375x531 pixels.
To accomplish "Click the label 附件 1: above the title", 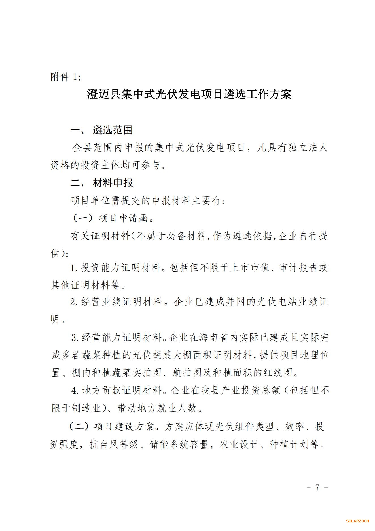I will [x=65, y=77].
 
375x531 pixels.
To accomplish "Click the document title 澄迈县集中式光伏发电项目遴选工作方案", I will [x=189, y=94].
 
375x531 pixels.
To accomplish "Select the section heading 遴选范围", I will [x=113, y=130].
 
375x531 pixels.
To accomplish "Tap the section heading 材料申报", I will [x=113, y=183].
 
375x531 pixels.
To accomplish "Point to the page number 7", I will [x=317, y=488].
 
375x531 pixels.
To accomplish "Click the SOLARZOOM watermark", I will [x=357, y=521].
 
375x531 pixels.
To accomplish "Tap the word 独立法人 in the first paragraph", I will [x=308, y=148].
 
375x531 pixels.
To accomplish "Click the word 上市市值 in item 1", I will [x=249, y=268].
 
